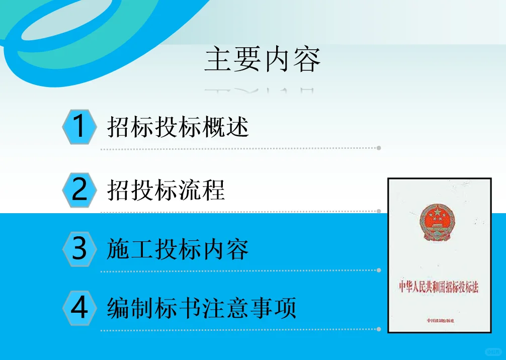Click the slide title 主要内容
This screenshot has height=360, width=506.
coord(262,61)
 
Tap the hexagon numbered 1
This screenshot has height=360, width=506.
coord(79,127)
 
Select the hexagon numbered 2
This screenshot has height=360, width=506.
coord(79,190)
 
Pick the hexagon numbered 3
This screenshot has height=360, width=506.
coord(79,249)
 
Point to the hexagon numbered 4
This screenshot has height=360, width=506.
coord(79,308)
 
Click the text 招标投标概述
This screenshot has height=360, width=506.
coord(178,127)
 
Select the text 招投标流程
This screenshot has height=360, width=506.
coord(166,190)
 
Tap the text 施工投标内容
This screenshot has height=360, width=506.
coord(178,249)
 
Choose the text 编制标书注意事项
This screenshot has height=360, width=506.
coord(202,308)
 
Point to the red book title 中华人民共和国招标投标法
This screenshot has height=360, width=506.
coord(439,288)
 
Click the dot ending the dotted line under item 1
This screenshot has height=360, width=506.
coord(379,148)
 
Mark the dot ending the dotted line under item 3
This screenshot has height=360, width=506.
coord(379,270)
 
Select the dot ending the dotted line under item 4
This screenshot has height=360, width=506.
coord(379,329)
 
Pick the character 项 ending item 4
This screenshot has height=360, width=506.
coord(285,308)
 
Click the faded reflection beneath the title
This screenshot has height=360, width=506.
coord(260,91)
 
